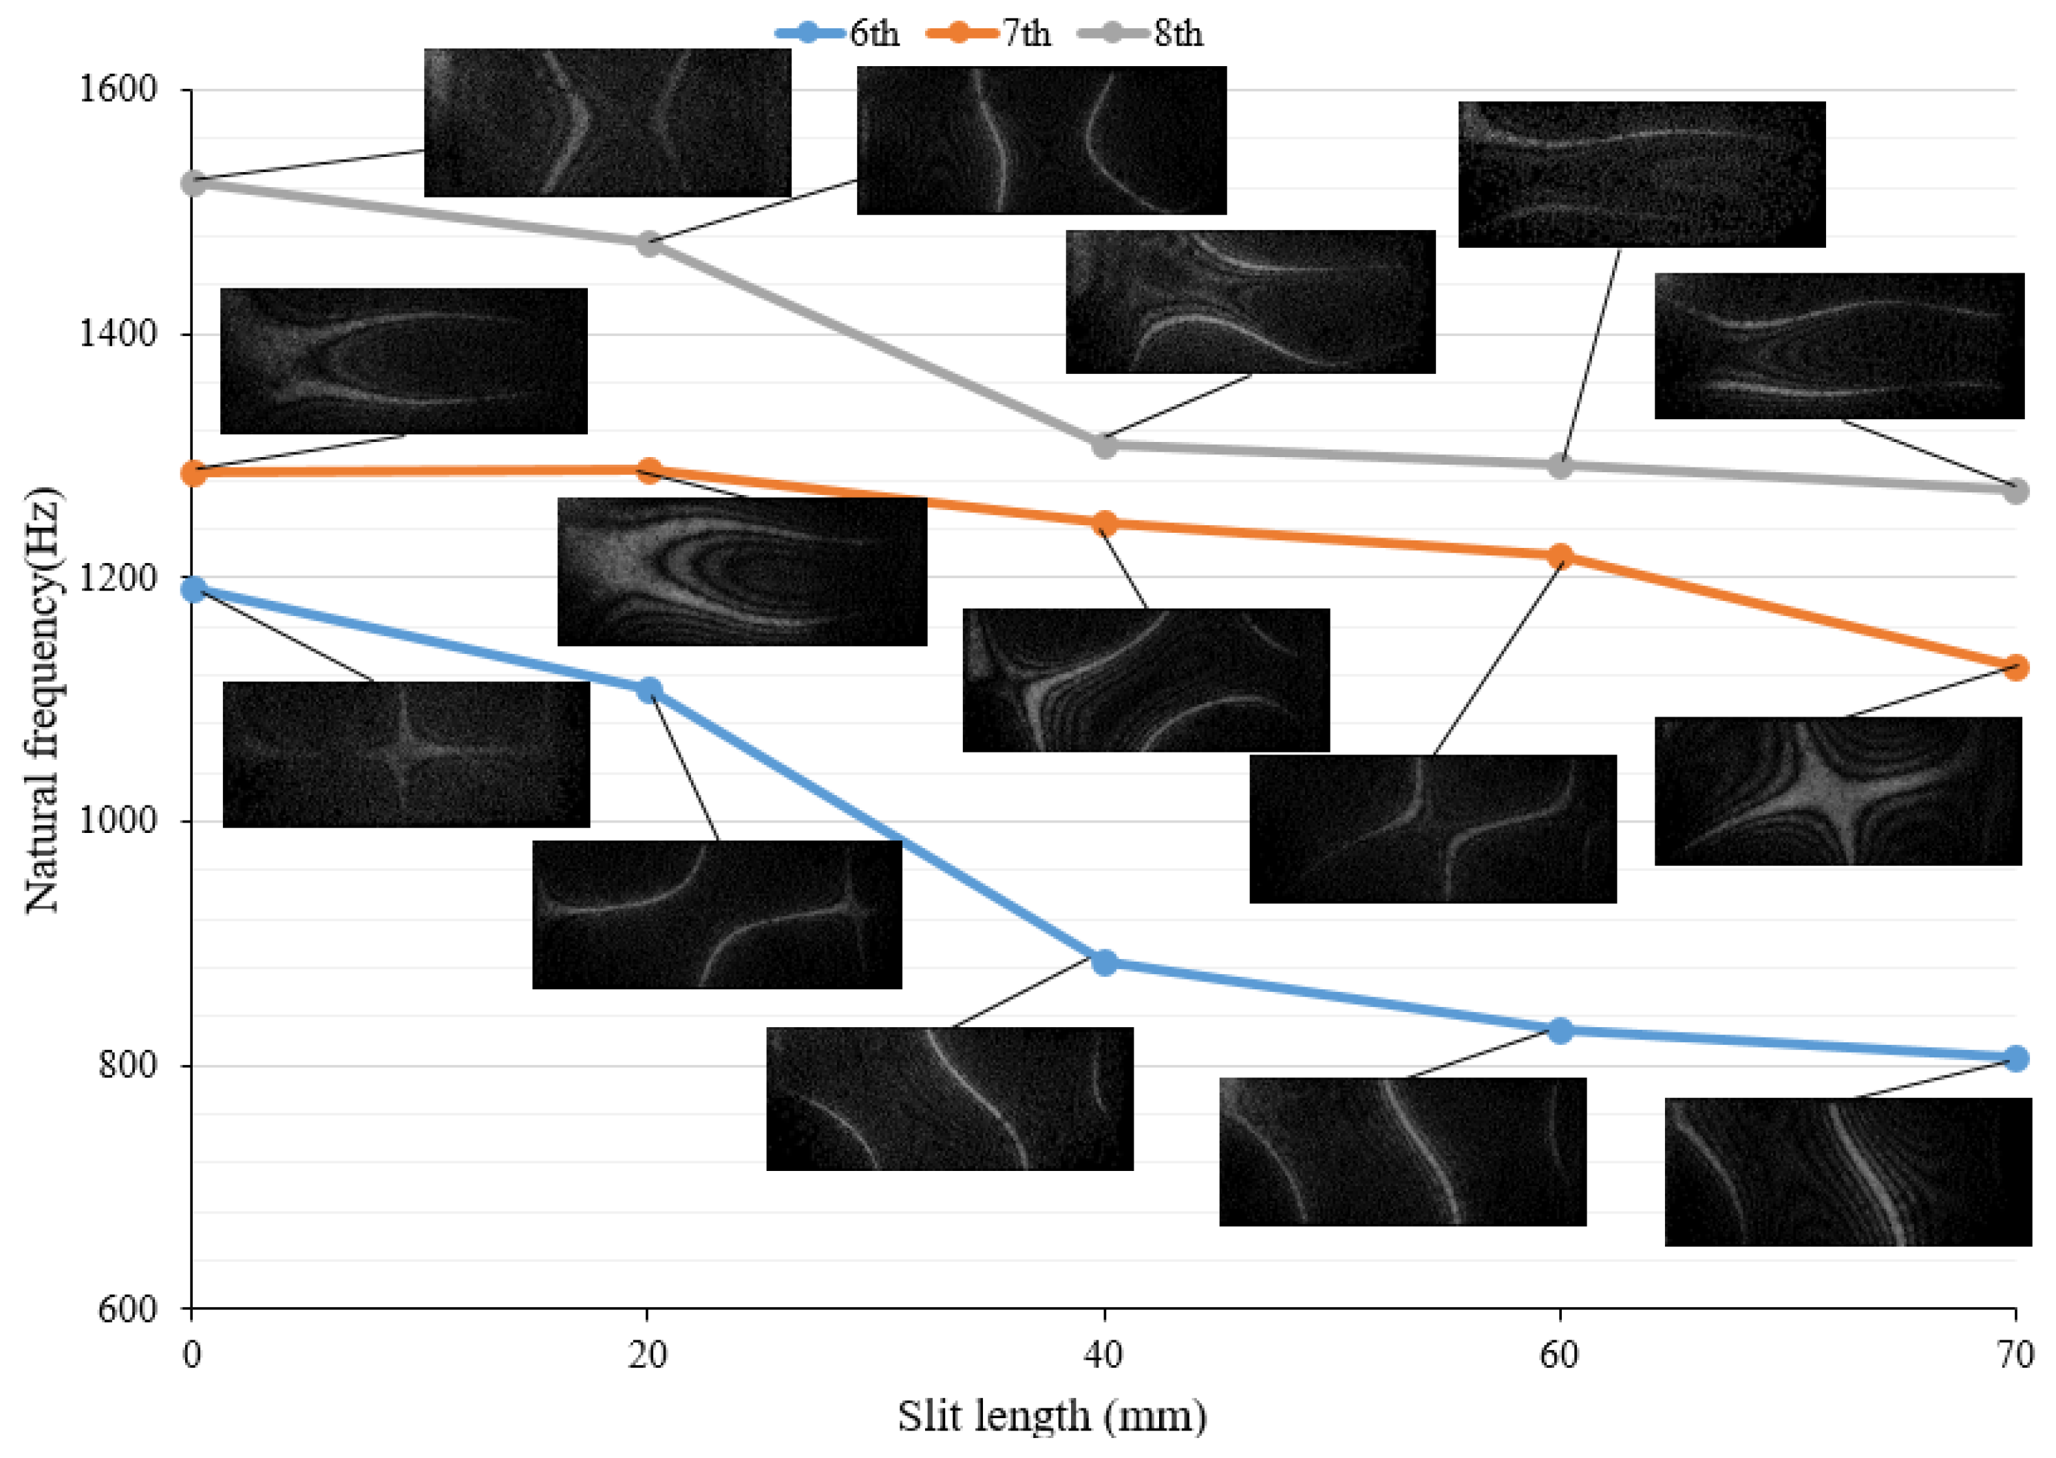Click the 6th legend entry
[x=838, y=34]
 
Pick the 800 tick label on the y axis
[x=127, y=1065]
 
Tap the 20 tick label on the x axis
[x=647, y=1355]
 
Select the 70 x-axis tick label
[x=2015, y=1355]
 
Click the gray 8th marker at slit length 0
[x=193, y=183]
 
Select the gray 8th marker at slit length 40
[x=1104, y=445]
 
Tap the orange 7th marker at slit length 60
[x=1560, y=556]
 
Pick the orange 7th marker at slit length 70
[x=2015, y=667]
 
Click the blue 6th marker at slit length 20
[x=648, y=690]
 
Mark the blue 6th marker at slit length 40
[x=1104, y=962]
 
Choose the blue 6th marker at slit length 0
[x=193, y=589]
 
